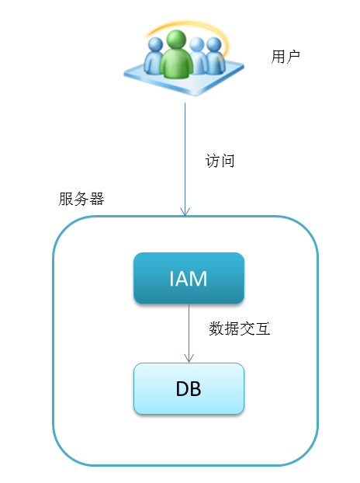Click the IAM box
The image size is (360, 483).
click(189, 278)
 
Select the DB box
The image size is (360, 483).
click(189, 388)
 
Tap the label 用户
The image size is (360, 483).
click(286, 57)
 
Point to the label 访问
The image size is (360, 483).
click(220, 161)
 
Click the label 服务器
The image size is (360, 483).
click(81, 199)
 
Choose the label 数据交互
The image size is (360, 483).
click(240, 328)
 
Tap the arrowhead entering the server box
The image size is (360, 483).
click(185, 212)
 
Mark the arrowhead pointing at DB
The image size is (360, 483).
click(189, 358)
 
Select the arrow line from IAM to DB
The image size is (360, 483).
click(189, 333)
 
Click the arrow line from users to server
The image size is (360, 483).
click(185, 159)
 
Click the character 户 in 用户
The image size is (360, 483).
click(293, 57)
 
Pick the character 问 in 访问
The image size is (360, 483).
click(227, 161)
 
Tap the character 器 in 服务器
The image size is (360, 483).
click(97, 199)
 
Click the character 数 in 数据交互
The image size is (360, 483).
click(216, 328)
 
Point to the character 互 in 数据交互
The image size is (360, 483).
click(263, 328)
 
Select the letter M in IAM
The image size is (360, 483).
click(198, 279)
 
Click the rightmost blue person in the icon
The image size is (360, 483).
click(215, 55)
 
